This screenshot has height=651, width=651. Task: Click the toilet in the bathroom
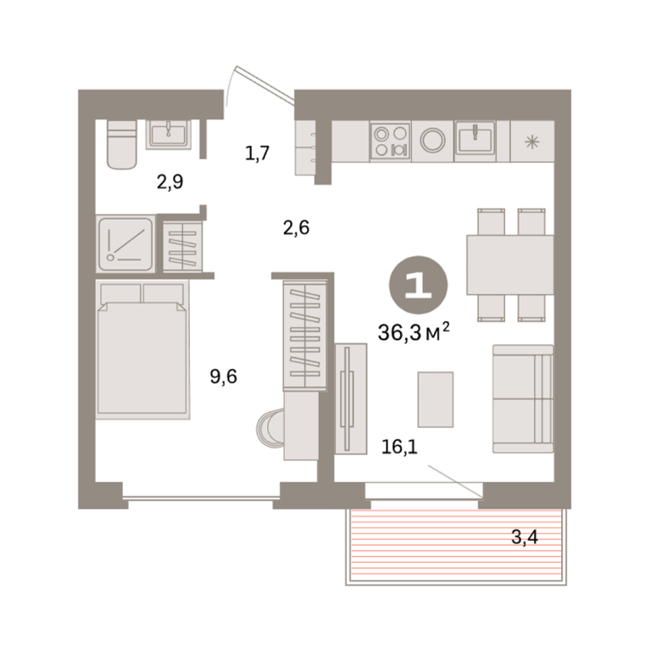click(122, 144)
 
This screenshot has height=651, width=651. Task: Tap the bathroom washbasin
click(168, 135)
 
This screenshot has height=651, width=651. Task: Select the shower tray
click(125, 244)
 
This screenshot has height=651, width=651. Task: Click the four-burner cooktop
click(390, 142)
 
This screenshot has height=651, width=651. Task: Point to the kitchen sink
click(475, 138)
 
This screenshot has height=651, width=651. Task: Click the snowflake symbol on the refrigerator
click(531, 142)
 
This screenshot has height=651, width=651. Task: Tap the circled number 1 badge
click(418, 285)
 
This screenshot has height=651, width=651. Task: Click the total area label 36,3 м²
click(414, 331)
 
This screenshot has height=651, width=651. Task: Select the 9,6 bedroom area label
click(224, 376)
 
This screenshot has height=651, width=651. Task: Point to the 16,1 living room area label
click(399, 447)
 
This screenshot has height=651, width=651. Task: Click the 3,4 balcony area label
click(525, 537)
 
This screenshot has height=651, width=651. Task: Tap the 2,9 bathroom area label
click(170, 182)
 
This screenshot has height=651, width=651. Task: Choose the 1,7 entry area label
click(258, 153)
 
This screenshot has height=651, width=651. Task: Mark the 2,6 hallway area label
click(297, 228)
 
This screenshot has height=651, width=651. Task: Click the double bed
click(142, 349)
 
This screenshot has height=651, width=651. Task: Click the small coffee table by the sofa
click(436, 399)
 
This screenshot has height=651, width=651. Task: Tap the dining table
click(509, 264)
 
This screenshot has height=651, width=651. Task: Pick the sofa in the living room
click(523, 398)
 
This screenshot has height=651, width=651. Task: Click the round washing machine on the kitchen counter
click(432, 141)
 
